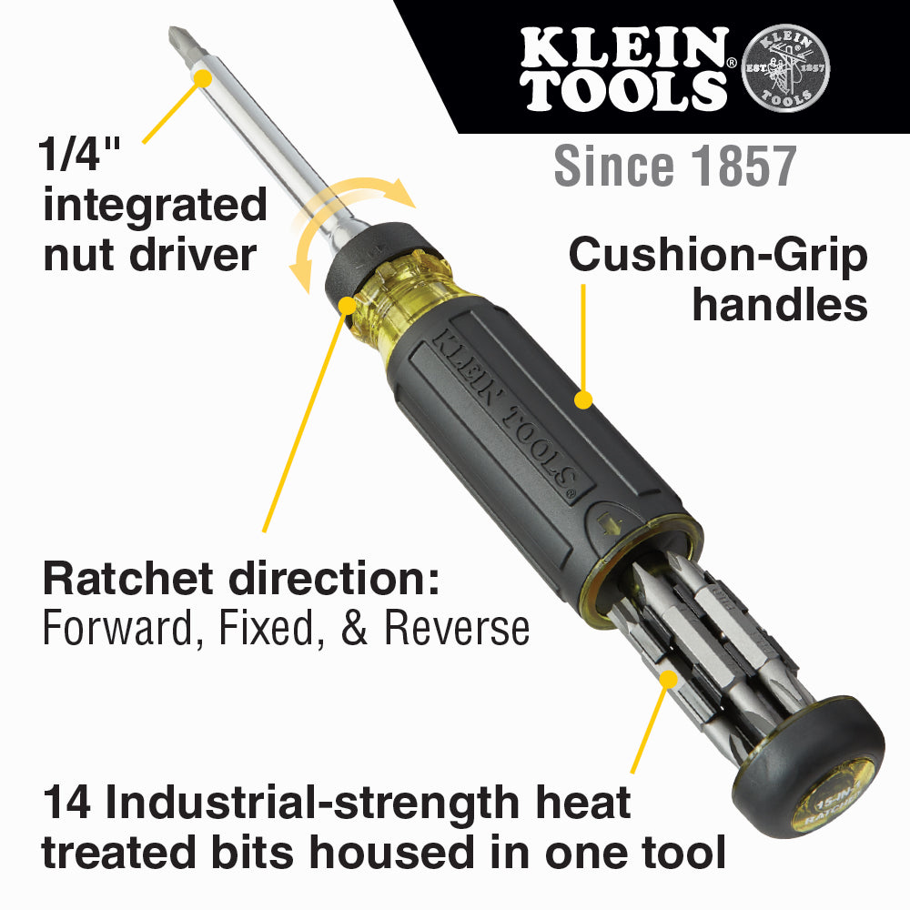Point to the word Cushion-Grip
point(718,256)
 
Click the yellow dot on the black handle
point(583,399)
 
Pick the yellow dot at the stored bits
point(669,678)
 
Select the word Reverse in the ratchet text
point(465,628)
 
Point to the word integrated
point(155,205)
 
